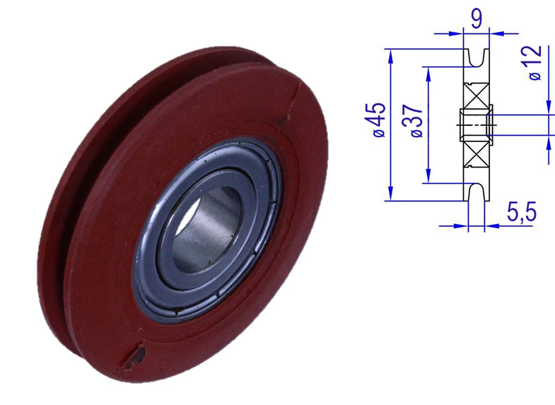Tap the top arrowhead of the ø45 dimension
tap(390, 54)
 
